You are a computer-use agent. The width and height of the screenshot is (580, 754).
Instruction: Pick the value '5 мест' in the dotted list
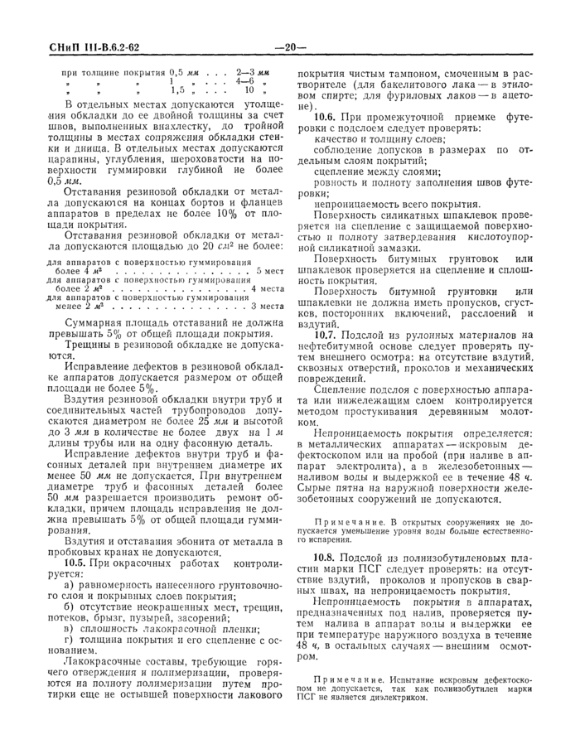coord(269,271)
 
